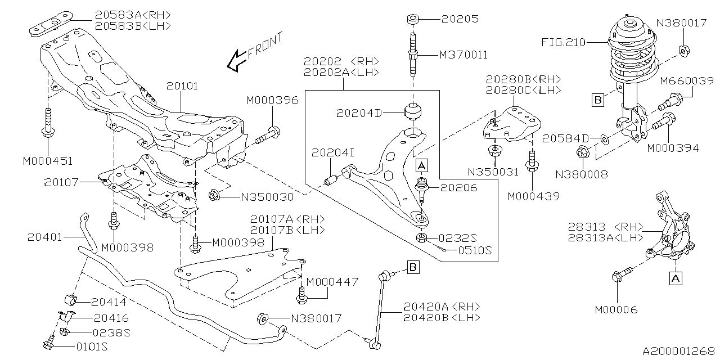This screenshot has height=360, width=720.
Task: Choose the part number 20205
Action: tap(459, 19)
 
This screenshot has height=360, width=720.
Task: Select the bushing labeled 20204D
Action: tap(413, 110)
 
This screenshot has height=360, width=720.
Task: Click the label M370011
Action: tap(463, 55)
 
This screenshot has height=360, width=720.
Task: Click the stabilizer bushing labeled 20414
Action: tap(71, 298)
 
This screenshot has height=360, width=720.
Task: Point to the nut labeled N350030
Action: tap(214, 196)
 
